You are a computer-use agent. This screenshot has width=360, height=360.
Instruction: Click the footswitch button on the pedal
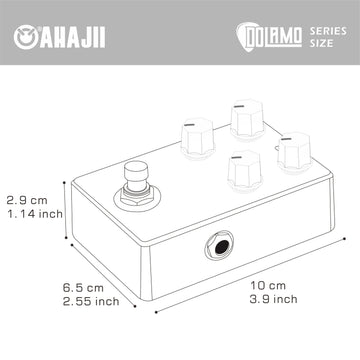136,176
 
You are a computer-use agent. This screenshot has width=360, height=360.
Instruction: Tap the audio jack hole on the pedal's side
220,247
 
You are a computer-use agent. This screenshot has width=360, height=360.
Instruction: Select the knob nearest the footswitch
198,137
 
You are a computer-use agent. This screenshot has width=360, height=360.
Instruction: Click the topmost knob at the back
248,119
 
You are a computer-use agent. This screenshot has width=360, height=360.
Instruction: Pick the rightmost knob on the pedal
295,152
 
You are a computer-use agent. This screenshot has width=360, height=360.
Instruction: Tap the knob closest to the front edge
245,170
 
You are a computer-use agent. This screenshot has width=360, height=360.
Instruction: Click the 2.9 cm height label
27,201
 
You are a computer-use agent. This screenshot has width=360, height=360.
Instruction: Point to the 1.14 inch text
35,214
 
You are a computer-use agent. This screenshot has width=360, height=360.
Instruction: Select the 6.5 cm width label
83,287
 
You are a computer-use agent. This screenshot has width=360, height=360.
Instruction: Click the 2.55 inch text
91,301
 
